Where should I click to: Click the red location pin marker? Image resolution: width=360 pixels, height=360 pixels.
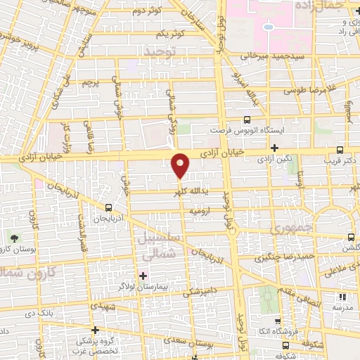click(181, 165)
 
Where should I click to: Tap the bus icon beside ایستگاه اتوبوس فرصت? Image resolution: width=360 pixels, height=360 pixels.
click(246, 120)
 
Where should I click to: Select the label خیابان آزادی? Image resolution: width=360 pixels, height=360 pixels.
click(240, 150)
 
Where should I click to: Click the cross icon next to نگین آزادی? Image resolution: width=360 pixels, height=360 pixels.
click(274, 148)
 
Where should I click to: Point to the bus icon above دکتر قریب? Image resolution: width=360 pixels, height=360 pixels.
click(340, 150)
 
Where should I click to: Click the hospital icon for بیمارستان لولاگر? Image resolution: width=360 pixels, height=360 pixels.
click(143, 275)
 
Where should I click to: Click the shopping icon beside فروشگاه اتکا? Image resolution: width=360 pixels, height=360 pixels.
click(277, 321)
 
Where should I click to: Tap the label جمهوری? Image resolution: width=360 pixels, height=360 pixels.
click(289, 229)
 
